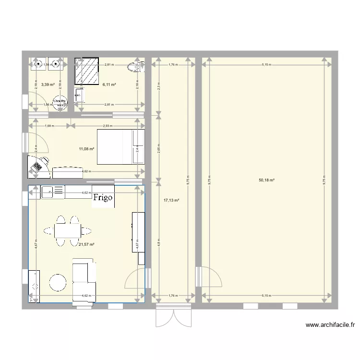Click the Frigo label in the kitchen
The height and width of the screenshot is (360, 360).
(x=103, y=197)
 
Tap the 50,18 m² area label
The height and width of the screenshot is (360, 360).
(x=266, y=180)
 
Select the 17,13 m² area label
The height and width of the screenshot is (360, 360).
(x=171, y=201)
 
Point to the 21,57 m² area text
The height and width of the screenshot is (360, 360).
(x=86, y=244)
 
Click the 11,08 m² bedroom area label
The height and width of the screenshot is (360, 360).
(x=86, y=149)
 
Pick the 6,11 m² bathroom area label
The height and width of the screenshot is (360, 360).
(x=110, y=84)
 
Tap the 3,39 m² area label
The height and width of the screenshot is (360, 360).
(x=48, y=84)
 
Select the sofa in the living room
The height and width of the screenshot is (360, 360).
(x=84, y=281)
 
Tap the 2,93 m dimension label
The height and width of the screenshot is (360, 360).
(x=107, y=126)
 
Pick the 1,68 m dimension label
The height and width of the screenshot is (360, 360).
(x=48, y=126)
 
